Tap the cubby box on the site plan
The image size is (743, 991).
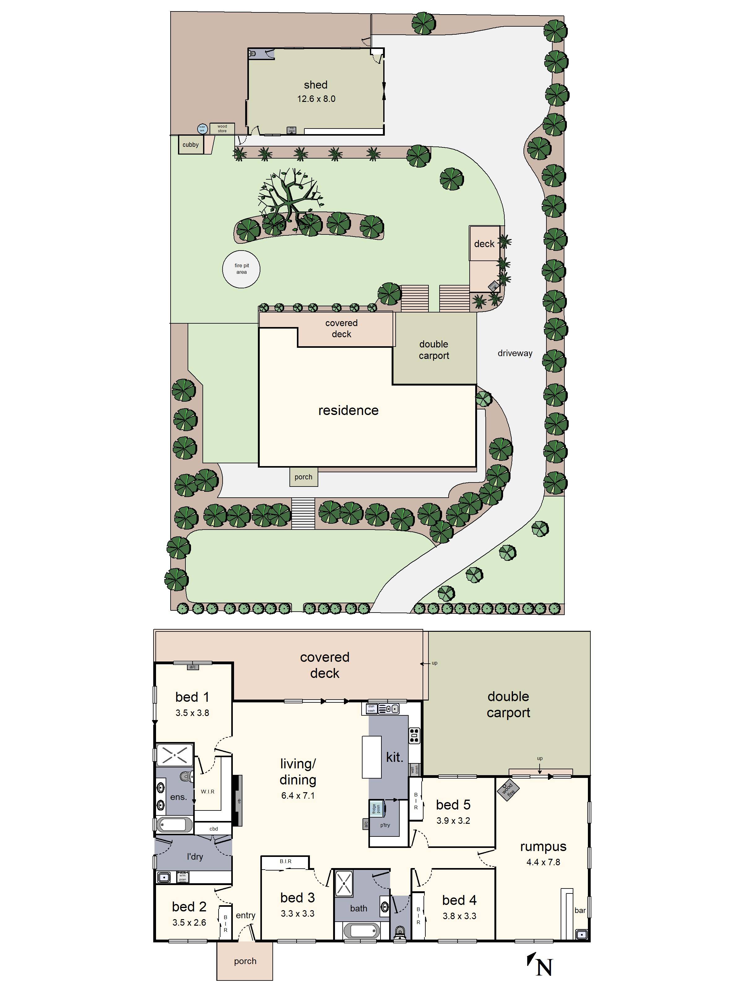pyautogui.click(x=190, y=145)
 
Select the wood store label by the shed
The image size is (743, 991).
pyautogui.click(x=222, y=129)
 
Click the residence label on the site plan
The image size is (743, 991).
pyautogui.click(x=348, y=410)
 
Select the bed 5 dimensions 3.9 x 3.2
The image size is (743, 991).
pyautogui.click(x=453, y=821)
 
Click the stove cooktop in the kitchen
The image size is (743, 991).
pyautogui.click(x=414, y=735)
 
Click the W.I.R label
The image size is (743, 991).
pyautogui.click(x=207, y=792)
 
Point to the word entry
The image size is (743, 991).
pyautogui.click(x=245, y=915)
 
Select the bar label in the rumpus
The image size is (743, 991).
pyautogui.click(x=580, y=910)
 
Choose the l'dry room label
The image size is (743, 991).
pyautogui.click(x=195, y=857)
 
